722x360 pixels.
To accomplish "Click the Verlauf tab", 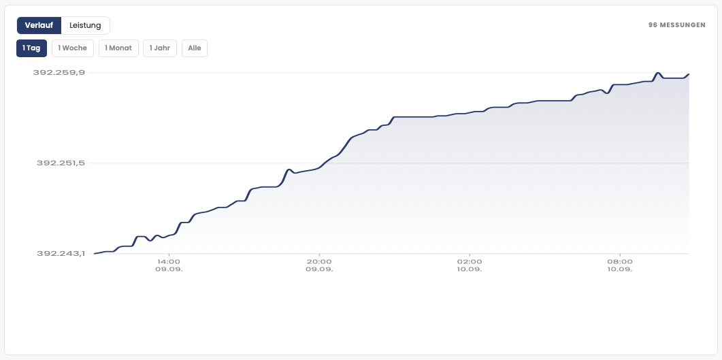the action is coord(39,25).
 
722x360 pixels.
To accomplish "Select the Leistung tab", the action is coord(85,25).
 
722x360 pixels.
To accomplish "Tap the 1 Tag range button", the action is coord(31,48).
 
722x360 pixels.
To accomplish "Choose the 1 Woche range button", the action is coord(73,48).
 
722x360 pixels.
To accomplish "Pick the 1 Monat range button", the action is coord(118,48).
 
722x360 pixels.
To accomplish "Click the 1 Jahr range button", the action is coord(160,48).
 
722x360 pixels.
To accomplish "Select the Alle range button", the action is coord(195,48).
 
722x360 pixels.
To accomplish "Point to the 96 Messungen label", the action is coord(677,25).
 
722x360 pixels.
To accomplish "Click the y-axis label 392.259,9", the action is coord(59,72).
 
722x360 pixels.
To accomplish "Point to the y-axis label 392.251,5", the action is coord(61,163).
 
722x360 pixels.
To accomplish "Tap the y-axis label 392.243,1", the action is coord(61,254).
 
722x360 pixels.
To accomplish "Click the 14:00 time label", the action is coord(169,261).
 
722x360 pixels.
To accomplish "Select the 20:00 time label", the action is coord(319,261).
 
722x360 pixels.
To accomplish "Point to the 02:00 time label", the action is coord(470,261).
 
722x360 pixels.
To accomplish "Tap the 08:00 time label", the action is coord(620,261).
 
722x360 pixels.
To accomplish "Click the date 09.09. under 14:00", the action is coord(169,269).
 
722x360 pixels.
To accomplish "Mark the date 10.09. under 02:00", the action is coord(470,269).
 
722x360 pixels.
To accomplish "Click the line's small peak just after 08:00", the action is coord(658,73).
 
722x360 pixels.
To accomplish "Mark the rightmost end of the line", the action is coord(689,73).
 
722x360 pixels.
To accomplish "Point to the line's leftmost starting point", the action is coord(95,254).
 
